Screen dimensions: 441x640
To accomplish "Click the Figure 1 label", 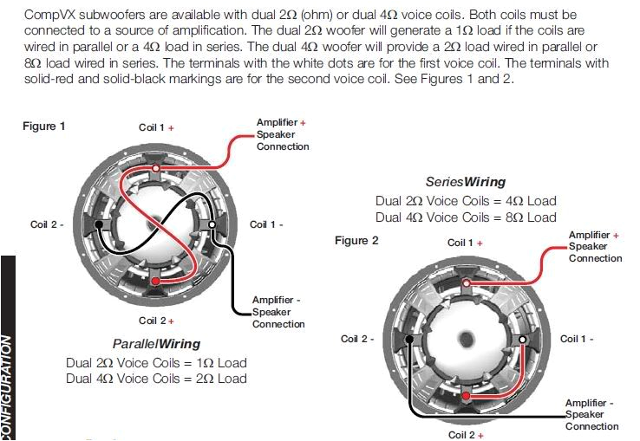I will (43, 126).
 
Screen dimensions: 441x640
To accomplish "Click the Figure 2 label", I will (356, 241).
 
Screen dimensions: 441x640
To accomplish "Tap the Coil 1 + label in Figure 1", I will (156, 127).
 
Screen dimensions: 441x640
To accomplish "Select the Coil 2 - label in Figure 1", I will (47, 224).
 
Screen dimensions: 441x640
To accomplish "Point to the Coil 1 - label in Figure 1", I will (266, 224).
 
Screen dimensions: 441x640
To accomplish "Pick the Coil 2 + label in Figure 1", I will (156, 321).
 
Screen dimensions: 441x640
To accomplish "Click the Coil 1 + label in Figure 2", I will (465, 243).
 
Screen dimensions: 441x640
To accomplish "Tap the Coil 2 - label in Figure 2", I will (357, 339).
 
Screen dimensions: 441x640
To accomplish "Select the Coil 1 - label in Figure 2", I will (577, 339).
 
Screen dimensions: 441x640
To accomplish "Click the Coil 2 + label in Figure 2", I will (466, 435).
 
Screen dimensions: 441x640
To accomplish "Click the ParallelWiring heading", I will (156, 344).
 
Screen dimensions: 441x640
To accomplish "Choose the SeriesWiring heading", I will (466, 183).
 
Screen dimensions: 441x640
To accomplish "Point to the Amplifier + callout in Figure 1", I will (282, 134).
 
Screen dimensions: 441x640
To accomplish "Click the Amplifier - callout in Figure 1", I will (278, 312).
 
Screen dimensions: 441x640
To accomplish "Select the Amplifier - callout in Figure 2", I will (591, 414).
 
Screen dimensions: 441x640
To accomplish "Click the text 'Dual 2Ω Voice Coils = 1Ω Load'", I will (156, 363).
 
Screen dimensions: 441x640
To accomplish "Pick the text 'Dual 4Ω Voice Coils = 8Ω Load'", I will (466, 217).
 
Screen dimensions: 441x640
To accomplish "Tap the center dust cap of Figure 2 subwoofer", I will (467, 339).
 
